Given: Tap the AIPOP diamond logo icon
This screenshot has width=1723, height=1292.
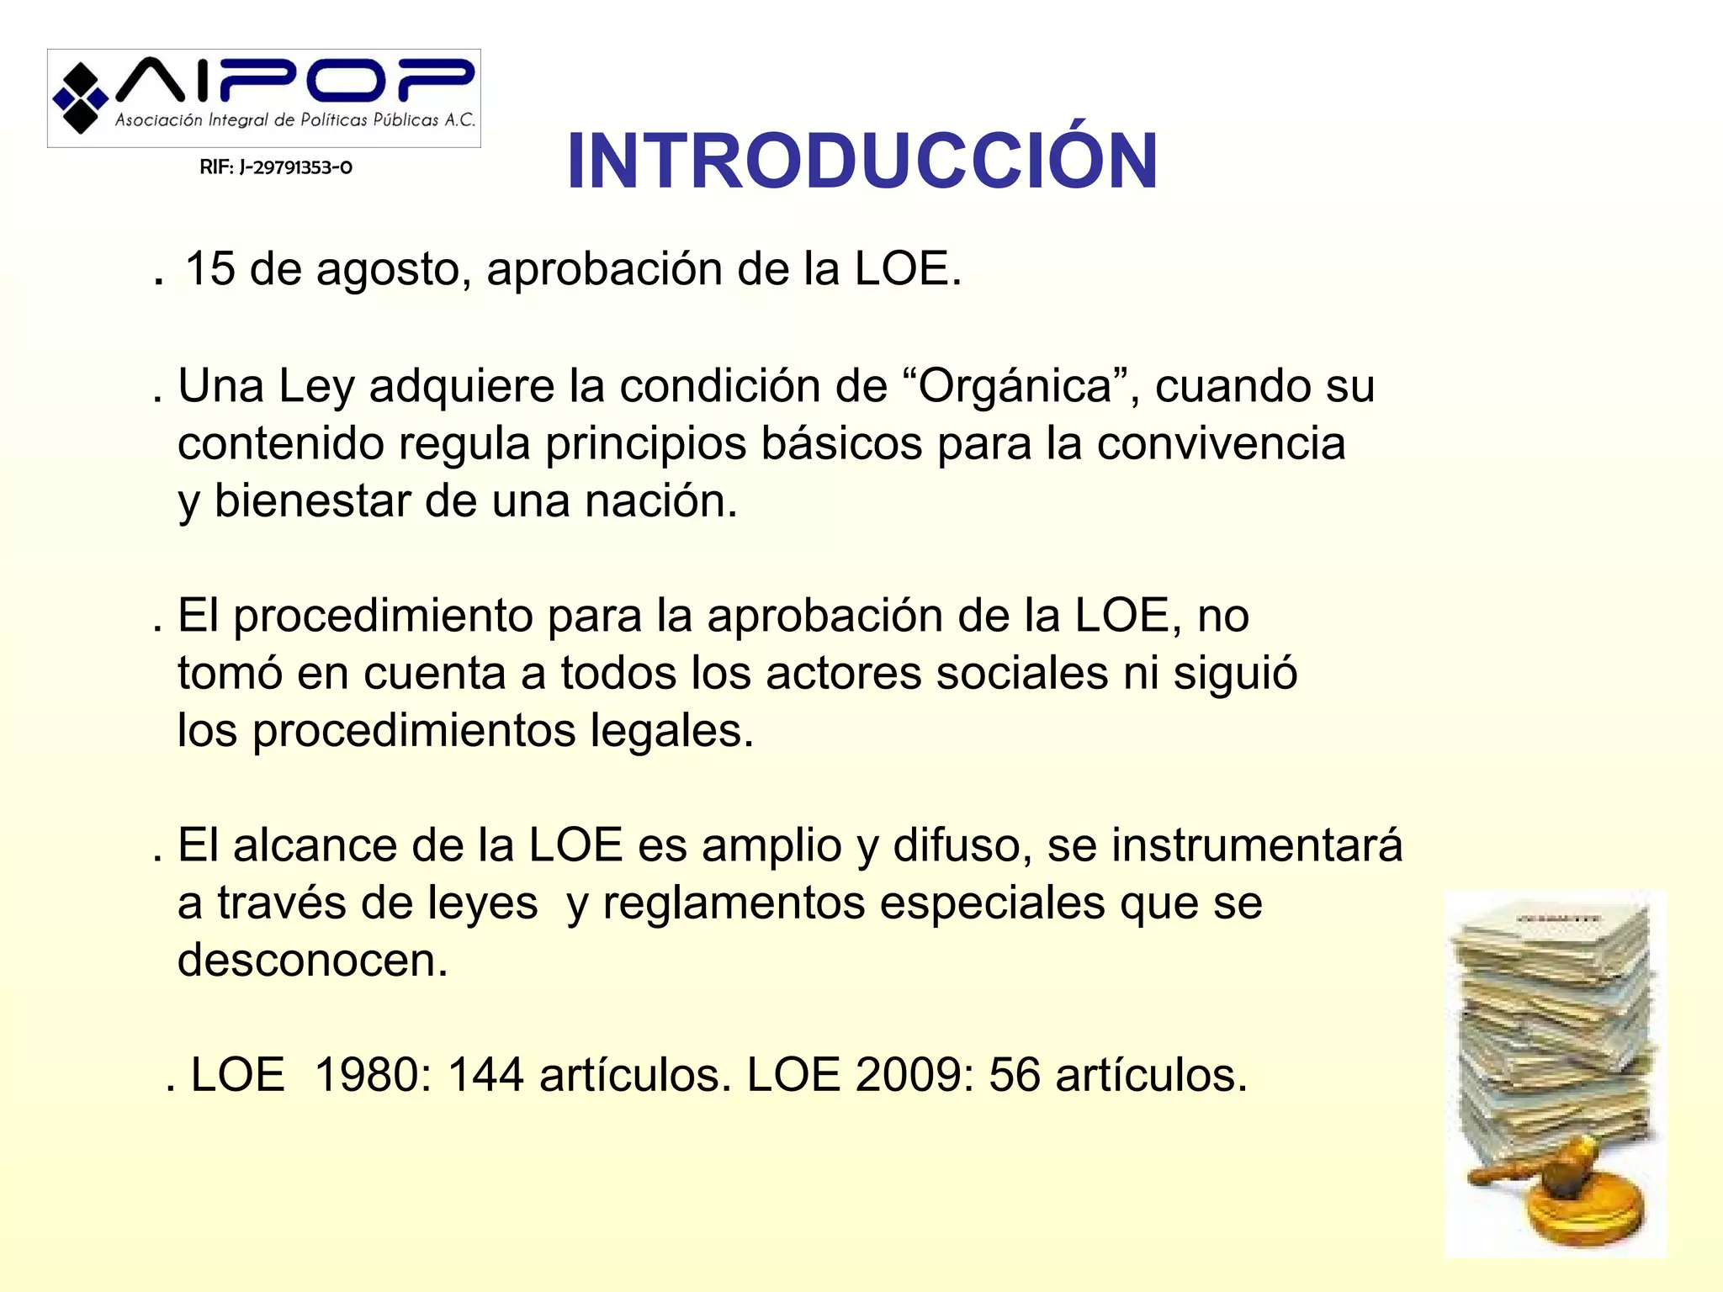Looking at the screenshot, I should pyautogui.click(x=80, y=98).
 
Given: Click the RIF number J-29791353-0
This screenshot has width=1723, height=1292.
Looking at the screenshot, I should pyautogui.click(x=276, y=167).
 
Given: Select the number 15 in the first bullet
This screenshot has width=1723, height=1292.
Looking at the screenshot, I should pyautogui.click(x=209, y=269).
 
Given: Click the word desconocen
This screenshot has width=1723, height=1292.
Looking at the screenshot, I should pyautogui.click(x=312, y=960).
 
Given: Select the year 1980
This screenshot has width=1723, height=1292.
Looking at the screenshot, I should pyautogui.click(x=373, y=1075).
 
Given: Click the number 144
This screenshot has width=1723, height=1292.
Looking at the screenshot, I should pyautogui.click(x=486, y=1075).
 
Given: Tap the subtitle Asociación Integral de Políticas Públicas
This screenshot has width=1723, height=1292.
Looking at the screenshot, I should pyautogui.click(x=294, y=120).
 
